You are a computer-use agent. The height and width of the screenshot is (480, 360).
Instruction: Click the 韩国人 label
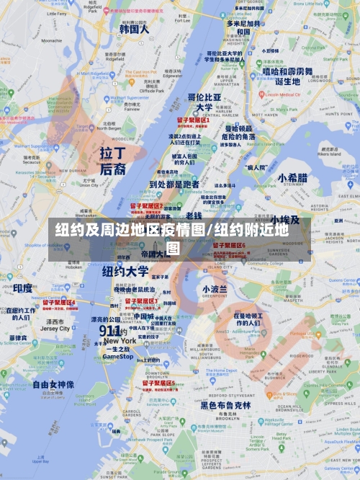[134, 30]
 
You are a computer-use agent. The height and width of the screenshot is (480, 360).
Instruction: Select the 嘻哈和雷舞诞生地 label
[287, 76]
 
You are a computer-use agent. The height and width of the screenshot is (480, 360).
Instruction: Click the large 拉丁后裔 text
[112, 161]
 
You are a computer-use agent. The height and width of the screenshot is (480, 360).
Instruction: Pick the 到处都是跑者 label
[173, 184]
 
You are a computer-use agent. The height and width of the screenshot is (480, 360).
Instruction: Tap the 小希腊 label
[292, 178]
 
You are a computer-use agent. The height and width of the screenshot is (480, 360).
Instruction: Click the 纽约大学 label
[125, 272]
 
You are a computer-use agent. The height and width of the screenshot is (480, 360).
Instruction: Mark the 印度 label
[22, 288]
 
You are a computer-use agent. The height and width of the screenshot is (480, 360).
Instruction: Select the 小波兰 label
[214, 289]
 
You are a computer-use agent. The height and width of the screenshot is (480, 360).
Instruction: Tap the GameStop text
[117, 356]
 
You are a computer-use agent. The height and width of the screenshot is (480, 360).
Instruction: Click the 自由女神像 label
[53, 385]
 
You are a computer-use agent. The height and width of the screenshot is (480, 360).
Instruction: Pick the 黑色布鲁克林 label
[225, 405]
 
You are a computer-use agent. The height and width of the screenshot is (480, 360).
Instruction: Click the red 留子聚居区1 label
[192, 120]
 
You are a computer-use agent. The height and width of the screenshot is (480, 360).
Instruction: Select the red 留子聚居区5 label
[158, 383]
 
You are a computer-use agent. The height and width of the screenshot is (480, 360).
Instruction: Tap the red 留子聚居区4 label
[59, 303]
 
